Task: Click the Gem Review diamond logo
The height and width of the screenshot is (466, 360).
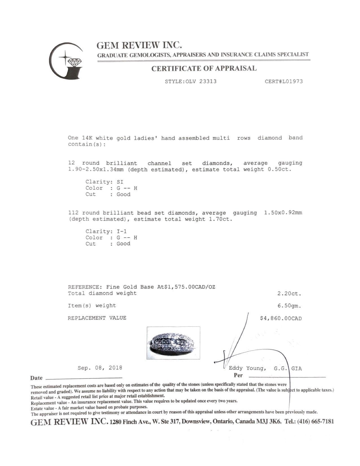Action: [x=67, y=60]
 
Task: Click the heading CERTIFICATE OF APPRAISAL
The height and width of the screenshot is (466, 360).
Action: [x=204, y=68]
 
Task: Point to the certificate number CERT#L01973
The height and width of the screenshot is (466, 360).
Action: [x=283, y=81]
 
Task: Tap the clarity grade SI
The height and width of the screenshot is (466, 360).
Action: [x=120, y=182]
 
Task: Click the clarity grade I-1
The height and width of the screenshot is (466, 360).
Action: [x=122, y=231]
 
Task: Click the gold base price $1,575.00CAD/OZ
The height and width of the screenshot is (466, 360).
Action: [x=187, y=287]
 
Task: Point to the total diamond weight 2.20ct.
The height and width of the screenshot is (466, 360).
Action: [x=289, y=294]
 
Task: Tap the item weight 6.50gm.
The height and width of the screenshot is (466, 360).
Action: [x=289, y=306]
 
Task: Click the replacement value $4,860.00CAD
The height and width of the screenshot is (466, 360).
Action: [x=281, y=319]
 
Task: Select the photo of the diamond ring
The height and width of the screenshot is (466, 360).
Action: [x=173, y=343]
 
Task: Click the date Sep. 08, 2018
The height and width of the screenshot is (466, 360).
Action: [x=100, y=368]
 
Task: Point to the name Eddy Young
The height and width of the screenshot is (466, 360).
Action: [x=247, y=368]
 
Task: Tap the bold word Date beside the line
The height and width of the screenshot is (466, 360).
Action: [x=36, y=378]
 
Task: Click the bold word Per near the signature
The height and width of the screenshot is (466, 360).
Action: [x=238, y=375]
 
